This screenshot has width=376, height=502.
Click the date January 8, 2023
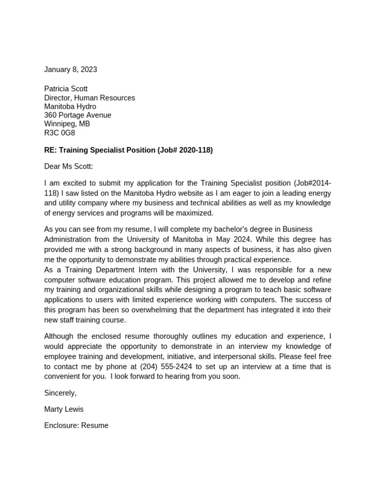click(70, 70)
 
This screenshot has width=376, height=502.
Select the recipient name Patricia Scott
click(66, 89)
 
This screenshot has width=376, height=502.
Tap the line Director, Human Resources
click(90, 98)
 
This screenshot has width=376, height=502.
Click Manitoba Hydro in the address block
click(70, 106)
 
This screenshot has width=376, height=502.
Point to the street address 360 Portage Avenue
click(77, 115)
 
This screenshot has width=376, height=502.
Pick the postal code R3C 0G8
click(60, 132)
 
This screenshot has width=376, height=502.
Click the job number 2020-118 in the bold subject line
click(195, 150)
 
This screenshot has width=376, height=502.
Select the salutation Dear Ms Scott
click(68, 167)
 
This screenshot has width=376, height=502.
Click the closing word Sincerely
click(60, 393)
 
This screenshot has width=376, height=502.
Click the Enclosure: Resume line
click(76, 426)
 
